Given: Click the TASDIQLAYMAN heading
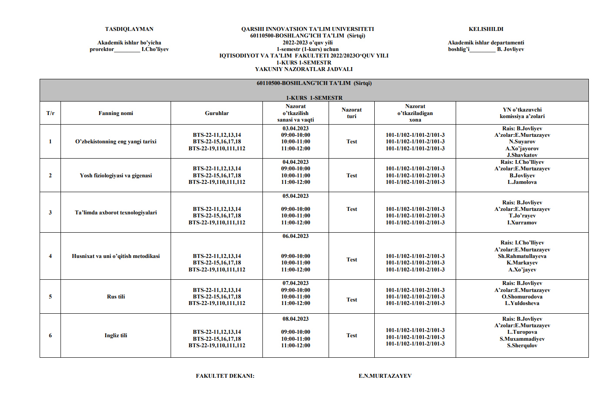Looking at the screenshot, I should [129, 29].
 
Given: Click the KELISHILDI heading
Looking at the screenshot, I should [486, 29].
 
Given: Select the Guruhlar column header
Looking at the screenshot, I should [217, 113].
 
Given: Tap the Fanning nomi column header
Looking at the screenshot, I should [116, 113].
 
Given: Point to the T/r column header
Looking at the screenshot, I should [50, 113].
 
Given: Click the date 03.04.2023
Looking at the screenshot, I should [296, 129].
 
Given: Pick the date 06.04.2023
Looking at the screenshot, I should [296, 236].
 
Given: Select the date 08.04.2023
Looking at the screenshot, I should [296, 319].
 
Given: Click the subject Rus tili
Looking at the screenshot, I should [116, 297].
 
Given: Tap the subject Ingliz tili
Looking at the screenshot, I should [116, 336].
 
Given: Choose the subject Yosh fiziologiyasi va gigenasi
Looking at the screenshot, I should [116, 176].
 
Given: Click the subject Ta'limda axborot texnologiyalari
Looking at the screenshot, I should [116, 213].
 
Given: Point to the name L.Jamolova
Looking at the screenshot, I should [522, 182].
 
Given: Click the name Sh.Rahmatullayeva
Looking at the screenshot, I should [522, 256].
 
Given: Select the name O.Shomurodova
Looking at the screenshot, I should [522, 297].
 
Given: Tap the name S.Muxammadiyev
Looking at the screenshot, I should [522, 339].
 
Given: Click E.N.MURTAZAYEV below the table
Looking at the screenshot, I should [385, 376].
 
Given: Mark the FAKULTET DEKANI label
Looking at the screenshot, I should [225, 376].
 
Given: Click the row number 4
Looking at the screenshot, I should [50, 256].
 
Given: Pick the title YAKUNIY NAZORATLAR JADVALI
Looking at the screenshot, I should [304, 69].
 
